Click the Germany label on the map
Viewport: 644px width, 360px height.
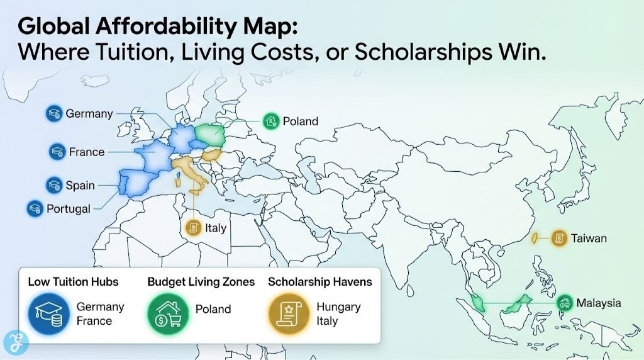click(x=89, y=114)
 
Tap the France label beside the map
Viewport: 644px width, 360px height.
click(x=87, y=152)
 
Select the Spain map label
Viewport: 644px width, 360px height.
click(x=80, y=185)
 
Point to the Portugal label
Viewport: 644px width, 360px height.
click(x=69, y=208)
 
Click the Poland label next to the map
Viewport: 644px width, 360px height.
click(x=300, y=121)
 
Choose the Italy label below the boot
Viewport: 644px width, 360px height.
click(x=215, y=228)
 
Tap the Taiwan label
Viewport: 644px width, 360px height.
click(x=589, y=238)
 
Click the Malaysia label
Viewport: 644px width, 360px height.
click(x=598, y=303)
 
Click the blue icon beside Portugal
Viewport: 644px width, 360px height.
click(x=34, y=208)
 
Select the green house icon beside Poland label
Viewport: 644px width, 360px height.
click(x=271, y=121)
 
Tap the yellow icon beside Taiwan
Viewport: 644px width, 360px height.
click(x=558, y=238)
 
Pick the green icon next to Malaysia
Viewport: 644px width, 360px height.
click(x=565, y=303)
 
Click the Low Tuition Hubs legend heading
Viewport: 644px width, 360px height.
click(x=73, y=281)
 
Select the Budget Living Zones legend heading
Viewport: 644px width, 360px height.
click(x=201, y=281)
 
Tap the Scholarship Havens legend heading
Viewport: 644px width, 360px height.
click(x=320, y=281)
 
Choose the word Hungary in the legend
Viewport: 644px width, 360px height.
click(x=338, y=307)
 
